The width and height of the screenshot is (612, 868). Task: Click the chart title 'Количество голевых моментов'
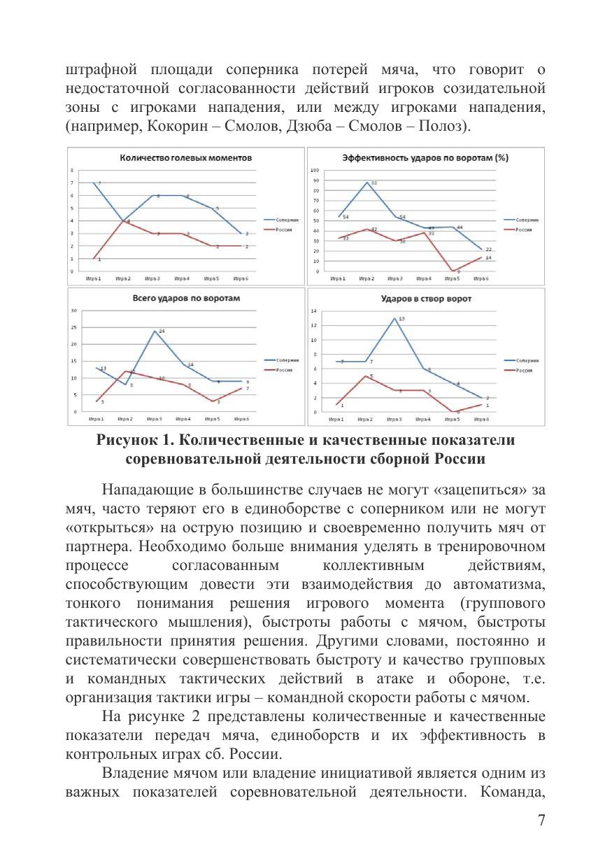pyautogui.click(x=185, y=157)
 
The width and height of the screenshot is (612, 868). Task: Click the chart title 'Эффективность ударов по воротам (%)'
pyautogui.click(x=425, y=157)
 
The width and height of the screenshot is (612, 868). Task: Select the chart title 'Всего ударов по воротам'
pyautogui.click(x=186, y=298)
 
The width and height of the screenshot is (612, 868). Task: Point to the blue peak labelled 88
pyautogui.click(x=367, y=183)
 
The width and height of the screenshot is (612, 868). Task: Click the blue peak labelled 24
pyautogui.click(x=155, y=331)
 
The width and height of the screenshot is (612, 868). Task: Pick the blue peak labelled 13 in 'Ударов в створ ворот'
pyautogui.click(x=394, y=319)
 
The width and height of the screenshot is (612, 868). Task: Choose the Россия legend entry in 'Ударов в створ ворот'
pyautogui.click(x=525, y=370)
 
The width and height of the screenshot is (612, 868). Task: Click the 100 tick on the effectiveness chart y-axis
pyautogui.click(x=314, y=171)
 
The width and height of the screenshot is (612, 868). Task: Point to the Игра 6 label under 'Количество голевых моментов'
pyautogui.click(x=241, y=278)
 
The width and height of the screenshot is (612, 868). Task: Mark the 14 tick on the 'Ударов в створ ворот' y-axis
pyautogui.click(x=314, y=311)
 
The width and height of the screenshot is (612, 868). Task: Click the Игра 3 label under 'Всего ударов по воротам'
pyautogui.click(x=154, y=419)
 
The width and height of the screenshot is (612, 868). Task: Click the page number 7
pyautogui.click(x=541, y=820)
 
